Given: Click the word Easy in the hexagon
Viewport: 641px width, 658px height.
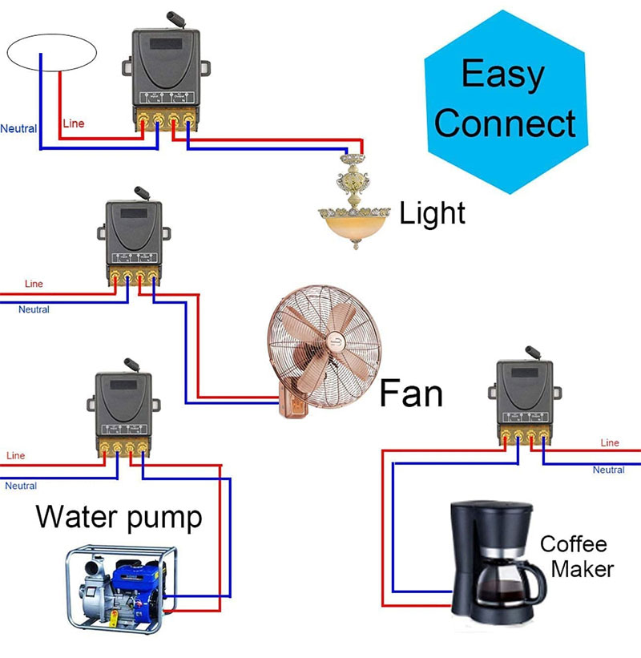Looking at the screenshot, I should click(502, 75).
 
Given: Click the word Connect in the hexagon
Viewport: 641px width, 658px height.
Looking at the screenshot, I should click(505, 123).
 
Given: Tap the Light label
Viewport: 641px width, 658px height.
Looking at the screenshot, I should click(432, 213).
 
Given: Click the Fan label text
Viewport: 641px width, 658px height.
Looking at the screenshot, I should click(410, 394).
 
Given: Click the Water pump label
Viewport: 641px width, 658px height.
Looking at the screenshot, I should click(119, 517).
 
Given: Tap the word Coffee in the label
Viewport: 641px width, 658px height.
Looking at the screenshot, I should click(573, 544).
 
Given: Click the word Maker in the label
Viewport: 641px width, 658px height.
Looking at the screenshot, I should click(583, 569).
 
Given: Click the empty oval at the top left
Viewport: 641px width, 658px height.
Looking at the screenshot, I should click(52, 53).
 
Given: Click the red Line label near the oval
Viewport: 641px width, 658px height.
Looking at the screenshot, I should click(73, 123).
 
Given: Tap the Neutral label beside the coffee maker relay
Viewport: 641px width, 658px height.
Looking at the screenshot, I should click(608, 470).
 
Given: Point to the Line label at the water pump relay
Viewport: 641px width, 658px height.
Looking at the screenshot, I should click(15, 455).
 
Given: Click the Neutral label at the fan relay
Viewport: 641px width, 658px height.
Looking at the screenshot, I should click(34, 309).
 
